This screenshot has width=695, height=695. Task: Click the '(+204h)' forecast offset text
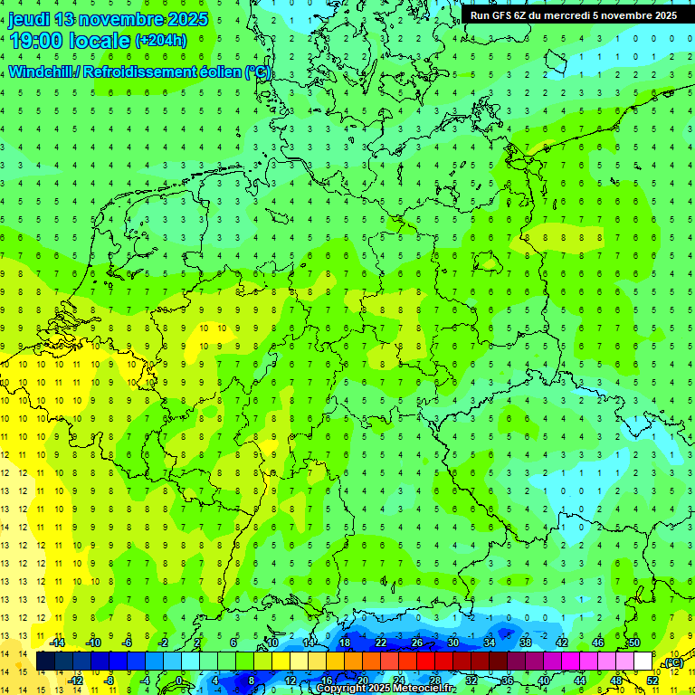point(160,40)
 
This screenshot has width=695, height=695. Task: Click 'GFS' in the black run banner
point(504,15)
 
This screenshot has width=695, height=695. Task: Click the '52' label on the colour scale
point(652,681)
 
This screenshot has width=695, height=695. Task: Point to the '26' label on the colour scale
point(416,643)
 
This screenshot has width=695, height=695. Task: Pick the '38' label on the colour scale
point(525,643)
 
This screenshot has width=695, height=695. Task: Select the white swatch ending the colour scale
point(643,662)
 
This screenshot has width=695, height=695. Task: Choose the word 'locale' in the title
point(101,40)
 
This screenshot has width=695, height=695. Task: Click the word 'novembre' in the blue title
point(119,18)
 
